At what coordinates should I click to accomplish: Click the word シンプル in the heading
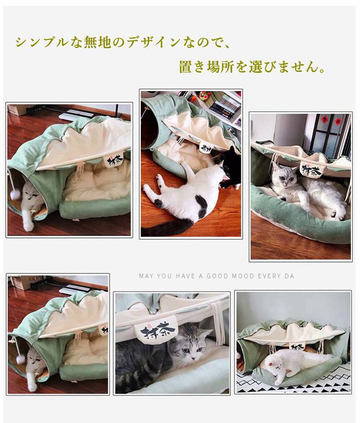coord(42,43)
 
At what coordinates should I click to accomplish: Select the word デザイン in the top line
coord(154,43)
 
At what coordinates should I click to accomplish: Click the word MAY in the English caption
coord(146,276)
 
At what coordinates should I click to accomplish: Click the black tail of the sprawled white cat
coord(167,227)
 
